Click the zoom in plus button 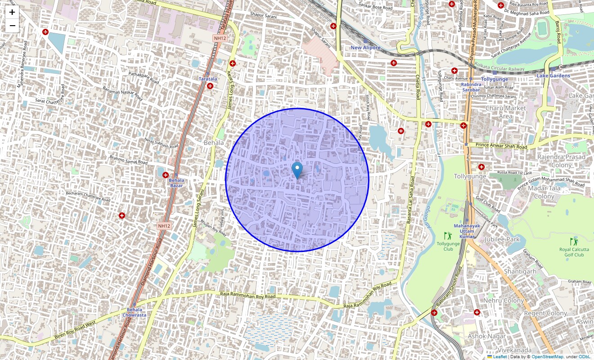click(12, 13)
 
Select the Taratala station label click(208, 79)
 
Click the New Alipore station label click(365, 48)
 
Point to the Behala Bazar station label click(176, 183)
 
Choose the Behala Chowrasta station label click(134, 312)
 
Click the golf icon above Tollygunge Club click(447, 235)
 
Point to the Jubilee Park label click(502, 239)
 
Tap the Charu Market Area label click(505, 112)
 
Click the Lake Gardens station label click(553, 76)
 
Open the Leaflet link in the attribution click(499, 356)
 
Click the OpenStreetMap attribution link click(547, 356)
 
